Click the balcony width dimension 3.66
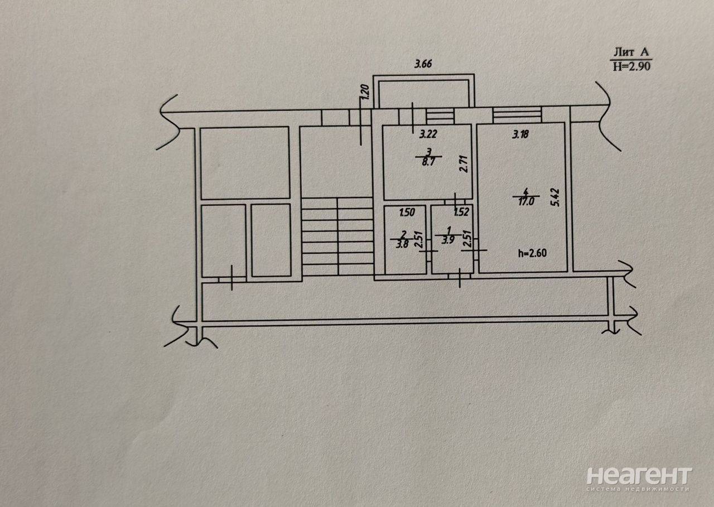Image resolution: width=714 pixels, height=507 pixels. click(x=423, y=64)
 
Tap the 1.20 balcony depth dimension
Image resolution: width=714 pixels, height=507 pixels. click(x=366, y=92)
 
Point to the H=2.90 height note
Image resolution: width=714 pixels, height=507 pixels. click(x=631, y=66)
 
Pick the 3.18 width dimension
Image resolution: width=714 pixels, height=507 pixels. click(x=520, y=134)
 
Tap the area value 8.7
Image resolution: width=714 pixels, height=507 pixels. click(x=428, y=162)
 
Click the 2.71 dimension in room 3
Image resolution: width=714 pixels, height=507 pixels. click(x=464, y=164)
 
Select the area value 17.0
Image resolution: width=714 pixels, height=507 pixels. click(x=525, y=201)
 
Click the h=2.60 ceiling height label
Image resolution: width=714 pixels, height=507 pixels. click(x=533, y=253)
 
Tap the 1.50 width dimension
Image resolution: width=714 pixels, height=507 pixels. click(x=407, y=213)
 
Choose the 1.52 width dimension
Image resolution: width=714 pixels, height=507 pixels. click(x=461, y=212)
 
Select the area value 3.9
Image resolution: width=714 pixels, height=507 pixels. click(x=448, y=240)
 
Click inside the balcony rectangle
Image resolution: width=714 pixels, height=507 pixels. click(x=423, y=93)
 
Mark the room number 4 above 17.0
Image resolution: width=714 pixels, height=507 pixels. click(x=526, y=192)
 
